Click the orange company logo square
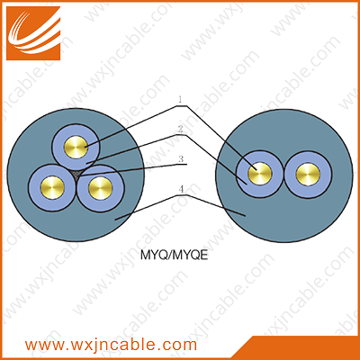pos(33,33)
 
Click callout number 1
pos(180,99)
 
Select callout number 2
pos(180,129)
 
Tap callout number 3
pos(181,158)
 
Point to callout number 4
pos(181,189)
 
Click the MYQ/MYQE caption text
pos(174,255)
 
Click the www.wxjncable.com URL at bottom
pos(111,345)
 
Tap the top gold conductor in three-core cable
pos(76,147)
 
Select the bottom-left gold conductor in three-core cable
pos(52,188)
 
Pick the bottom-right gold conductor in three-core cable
pos(101,188)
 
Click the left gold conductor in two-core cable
pos(260,174)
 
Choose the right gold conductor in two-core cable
pos(308,175)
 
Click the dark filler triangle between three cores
pos(77,175)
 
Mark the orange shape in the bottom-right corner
pos(303,348)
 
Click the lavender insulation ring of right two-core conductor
pos(308,156)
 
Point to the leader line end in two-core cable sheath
pos(246,215)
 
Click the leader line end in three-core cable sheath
pos(115,220)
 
